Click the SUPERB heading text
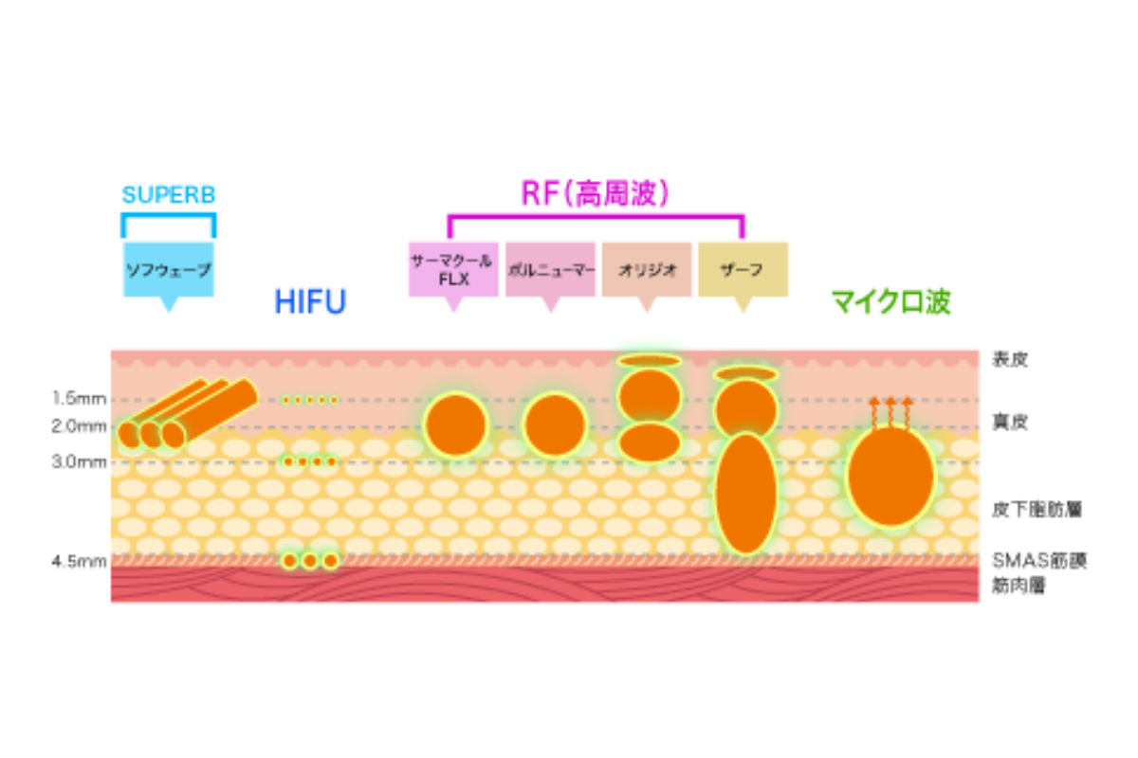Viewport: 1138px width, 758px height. pos(169,195)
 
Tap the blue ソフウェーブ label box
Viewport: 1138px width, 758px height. pos(169,269)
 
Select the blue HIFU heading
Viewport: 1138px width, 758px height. pos(310,302)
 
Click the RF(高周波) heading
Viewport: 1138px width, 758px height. pos(596,193)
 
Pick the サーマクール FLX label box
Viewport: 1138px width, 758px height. pos(453,268)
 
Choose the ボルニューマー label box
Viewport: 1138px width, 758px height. pos(550,269)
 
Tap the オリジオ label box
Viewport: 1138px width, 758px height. pos(647,269)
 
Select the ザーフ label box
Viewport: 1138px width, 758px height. pos(743,269)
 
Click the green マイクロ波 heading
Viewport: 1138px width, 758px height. pos(890,302)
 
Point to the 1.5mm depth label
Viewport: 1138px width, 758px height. pos(79,398)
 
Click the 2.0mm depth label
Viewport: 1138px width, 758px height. pos(79,427)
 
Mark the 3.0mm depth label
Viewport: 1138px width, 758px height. pos(79,461)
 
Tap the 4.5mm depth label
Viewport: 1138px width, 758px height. pos(79,561)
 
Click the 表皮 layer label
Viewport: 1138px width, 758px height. pos(1010,359)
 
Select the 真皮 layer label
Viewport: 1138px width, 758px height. pos(1010,423)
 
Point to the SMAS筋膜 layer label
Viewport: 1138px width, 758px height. pos(1038,561)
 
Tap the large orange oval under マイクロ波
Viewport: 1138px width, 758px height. pos(890,477)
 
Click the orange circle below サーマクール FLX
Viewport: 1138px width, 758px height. pos(455,424)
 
